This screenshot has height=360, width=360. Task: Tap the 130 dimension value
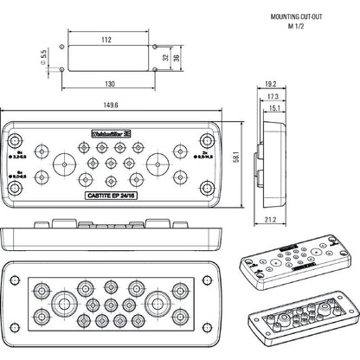(108, 85)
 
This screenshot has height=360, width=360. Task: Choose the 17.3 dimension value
(273, 96)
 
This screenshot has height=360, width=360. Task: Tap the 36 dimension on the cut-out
(176, 58)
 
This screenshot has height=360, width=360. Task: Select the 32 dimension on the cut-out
(164, 58)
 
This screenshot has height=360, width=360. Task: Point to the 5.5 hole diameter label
(43, 56)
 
